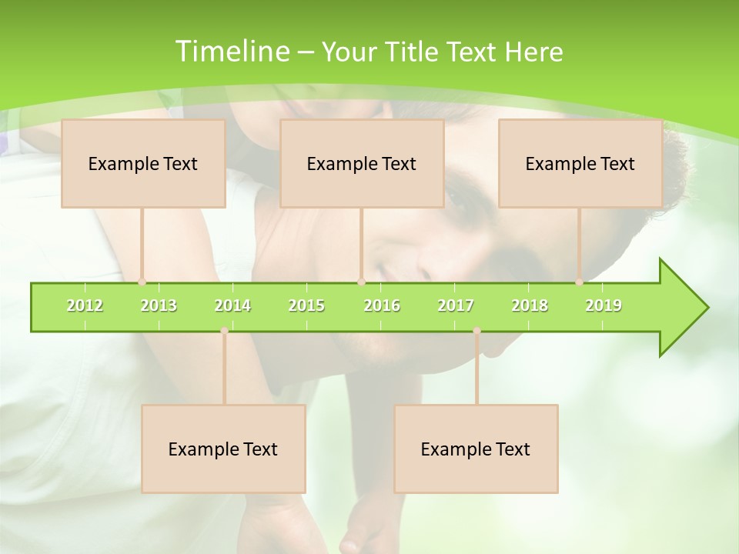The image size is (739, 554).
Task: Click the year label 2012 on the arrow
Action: [x=85, y=305]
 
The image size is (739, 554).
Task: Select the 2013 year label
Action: [x=159, y=305]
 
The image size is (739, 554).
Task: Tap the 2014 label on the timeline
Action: [x=232, y=305]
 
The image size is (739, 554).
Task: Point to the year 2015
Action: [x=306, y=305]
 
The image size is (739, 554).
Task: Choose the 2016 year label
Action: [x=382, y=305]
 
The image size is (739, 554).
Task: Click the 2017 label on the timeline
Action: [x=456, y=305]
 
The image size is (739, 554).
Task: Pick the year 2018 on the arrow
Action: [x=530, y=305]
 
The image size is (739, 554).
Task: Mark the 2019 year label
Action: [x=604, y=305]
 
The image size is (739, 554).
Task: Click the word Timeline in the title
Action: [x=232, y=52]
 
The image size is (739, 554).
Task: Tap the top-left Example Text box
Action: [x=143, y=164]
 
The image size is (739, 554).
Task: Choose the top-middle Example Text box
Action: [x=362, y=164]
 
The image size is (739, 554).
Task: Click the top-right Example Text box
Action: [x=580, y=164]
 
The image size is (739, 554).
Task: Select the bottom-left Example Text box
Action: [x=223, y=449]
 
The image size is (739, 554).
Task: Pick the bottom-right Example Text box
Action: [x=476, y=449]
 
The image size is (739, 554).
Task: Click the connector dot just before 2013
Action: [x=142, y=282]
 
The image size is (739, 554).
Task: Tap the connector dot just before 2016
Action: [x=361, y=282]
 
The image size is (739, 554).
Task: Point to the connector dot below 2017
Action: [x=477, y=331]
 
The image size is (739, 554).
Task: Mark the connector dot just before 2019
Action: [x=579, y=282]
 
